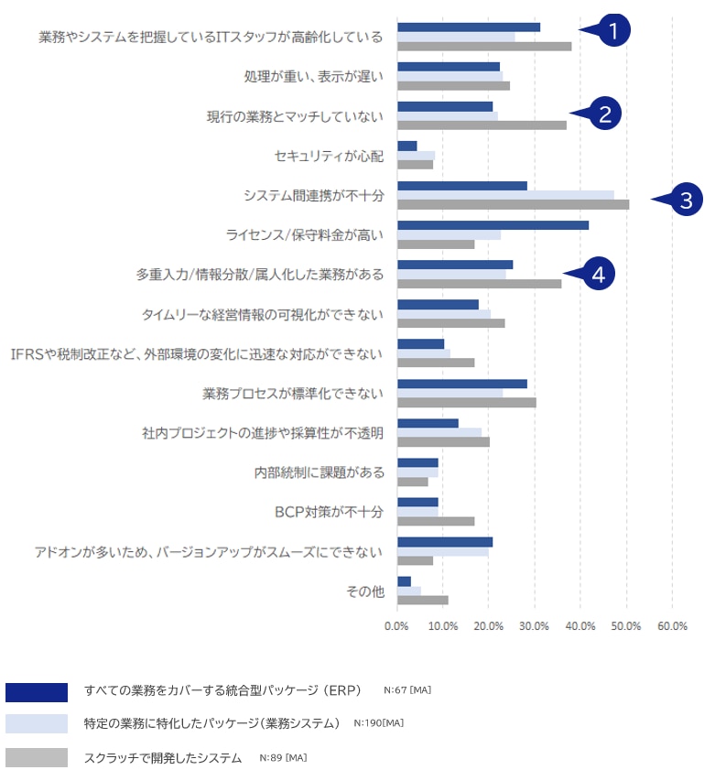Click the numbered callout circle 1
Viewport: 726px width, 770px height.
(x=613, y=30)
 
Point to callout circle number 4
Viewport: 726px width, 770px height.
(x=597, y=273)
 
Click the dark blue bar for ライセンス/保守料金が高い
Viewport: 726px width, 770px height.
(x=493, y=225)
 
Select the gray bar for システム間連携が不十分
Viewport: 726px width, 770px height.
(x=513, y=204)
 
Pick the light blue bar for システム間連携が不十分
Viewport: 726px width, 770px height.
(x=505, y=194)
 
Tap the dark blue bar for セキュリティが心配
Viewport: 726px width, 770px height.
(x=406, y=146)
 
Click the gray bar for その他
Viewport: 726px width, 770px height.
(x=422, y=601)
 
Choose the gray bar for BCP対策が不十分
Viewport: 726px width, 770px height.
(x=436, y=521)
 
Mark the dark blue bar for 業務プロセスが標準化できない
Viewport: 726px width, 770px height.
(x=461, y=384)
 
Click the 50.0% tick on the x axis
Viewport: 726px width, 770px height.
(x=626, y=626)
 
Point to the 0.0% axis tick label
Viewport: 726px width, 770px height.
(x=396, y=626)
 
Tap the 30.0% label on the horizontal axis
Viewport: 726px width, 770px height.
(x=535, y=626)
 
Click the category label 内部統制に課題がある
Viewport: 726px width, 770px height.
(x=319, y=472)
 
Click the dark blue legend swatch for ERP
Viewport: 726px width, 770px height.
(x=36, y=692)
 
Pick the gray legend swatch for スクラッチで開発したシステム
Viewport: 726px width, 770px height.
(x=36, y=758)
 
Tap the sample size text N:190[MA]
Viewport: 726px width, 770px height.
(x=378, y=723)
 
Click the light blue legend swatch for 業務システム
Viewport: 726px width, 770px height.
(x=36, y=724)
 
